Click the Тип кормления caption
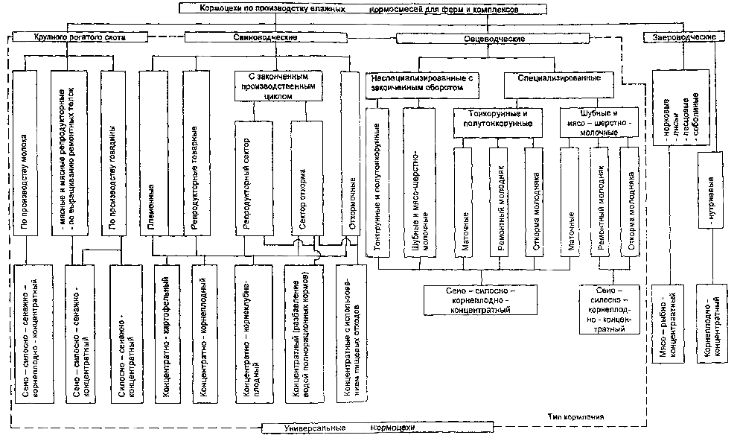tap(572, 416)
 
